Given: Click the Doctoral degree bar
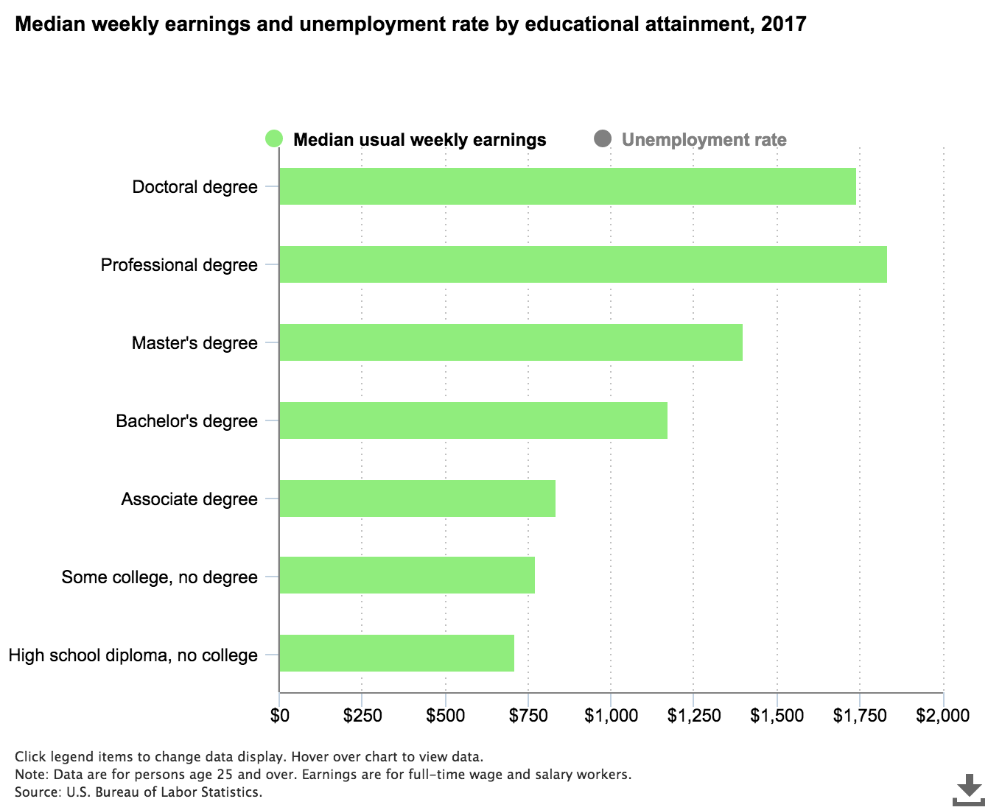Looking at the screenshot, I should pyautogui.click(x=567, y=186).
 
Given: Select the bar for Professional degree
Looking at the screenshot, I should pyautogui.click(x=583, y=264).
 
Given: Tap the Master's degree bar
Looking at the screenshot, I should pyautogui.click(x=511, y=342).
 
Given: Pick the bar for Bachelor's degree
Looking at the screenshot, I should pyautogui.click(x=473, y=420).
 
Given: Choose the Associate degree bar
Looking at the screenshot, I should pyautogui.click(x=417, y=499).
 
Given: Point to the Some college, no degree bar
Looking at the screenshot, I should pyautogui.click(x=407, y=575).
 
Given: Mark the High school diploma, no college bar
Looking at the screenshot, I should pyautogui.click(x=396, y=653).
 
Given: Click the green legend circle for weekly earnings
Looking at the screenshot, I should pyautogui.click(x=274, y=138).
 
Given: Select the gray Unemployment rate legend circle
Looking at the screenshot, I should pyautogui.click(x=603, y=138).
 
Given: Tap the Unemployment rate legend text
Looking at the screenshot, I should pyautogui.click(x=704, y=140).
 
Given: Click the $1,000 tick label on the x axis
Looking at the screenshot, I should pyautogui.click(x=611, y=715).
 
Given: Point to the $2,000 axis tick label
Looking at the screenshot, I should pyautogui.click(x=942, y=715).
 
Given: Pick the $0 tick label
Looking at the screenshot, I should pyautogui.click(x=280, y=715).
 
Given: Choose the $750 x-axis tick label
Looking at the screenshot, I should pyautogui.click(x=528, y=715).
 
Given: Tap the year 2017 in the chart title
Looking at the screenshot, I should pyautogui.click(x=784, y=24).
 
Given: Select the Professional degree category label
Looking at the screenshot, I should pyautogui.click(x=179, y=265).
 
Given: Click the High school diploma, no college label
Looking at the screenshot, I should pyautogui.click(x=133, y=655).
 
